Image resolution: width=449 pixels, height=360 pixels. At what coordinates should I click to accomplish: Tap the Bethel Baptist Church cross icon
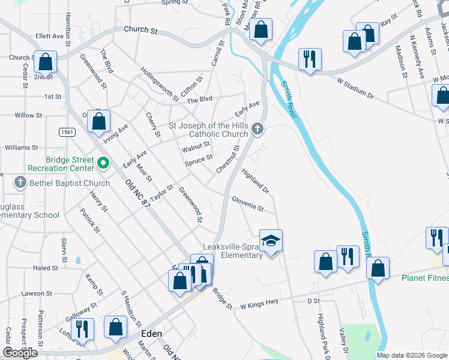pos(20,182)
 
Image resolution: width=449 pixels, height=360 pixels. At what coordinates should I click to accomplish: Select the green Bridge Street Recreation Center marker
pos(103,162)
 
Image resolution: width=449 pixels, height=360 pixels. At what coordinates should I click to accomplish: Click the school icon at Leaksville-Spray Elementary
pos(271,241)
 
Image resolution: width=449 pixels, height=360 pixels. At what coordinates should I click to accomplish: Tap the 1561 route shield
pos(67,131)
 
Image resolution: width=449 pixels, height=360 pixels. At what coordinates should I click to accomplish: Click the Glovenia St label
pos(248,203)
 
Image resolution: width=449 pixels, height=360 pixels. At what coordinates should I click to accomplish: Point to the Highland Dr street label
pos(256,181)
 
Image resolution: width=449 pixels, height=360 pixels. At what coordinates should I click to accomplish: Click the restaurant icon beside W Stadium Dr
pos(309,59)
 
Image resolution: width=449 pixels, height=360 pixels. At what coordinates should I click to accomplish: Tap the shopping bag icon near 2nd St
pos(46,61)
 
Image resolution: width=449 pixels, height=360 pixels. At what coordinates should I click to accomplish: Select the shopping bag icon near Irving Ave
pos(98,121)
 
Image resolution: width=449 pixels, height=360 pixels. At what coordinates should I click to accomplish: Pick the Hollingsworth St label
pos(160,83)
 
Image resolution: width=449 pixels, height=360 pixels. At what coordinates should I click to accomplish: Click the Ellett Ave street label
pos(50,36)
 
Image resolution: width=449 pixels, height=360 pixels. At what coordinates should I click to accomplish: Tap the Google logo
pos(20,353)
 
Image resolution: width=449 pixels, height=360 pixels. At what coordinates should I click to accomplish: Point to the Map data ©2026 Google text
pos(411,355)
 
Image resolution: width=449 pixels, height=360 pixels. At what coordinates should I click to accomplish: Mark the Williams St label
pos(21,147)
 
